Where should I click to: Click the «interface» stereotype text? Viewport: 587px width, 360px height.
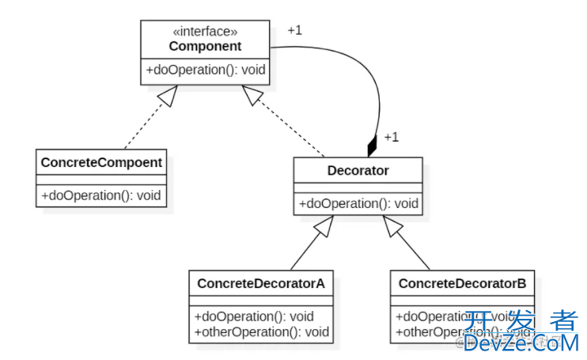tap(205, 32)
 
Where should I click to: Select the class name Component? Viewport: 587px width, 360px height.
tap(205, 46)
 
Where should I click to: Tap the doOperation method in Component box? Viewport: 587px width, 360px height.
tap(205, 70)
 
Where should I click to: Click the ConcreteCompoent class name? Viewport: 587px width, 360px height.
tap(101, 162)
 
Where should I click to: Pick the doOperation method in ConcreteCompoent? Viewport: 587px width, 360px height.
tap(101, 194)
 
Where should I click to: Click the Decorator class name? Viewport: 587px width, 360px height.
tap(358, 170)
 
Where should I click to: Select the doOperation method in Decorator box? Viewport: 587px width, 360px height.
tap(358, 203)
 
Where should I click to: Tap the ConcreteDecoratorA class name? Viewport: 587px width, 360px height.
tap(260, 283)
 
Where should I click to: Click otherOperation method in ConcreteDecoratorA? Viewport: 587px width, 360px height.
tap(260, 332)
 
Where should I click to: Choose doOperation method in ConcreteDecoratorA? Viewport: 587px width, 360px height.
tap(253, 316)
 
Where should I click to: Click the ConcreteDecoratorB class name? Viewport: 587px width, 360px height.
tap(462, 283)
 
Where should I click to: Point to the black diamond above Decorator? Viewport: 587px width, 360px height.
tap(372, 147)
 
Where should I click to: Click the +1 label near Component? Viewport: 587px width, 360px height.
tap(294, 30)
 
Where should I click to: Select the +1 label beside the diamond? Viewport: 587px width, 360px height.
tap(391, 137)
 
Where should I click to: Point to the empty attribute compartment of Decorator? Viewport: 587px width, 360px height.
tap(358, 188)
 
